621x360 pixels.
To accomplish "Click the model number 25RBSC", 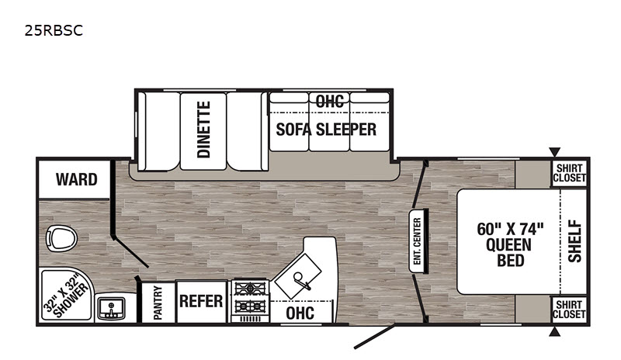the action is pos(54,30).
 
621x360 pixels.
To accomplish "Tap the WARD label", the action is pos(76,179).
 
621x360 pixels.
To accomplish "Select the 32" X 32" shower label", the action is pos(66,298).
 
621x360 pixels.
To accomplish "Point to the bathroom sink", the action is pos(112,308).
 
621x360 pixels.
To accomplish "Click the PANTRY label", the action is pos(158,303).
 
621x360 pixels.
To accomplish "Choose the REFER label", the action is pos(201,301).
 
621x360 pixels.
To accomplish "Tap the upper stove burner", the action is pos(250,287).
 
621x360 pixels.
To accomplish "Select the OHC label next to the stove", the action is pos(300,313).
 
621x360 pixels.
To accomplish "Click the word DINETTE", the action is pos(203,130).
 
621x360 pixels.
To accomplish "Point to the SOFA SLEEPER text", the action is pos(326,130).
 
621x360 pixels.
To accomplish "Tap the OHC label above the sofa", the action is pos(329,102).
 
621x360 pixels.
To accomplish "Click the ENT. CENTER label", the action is pos(417,241).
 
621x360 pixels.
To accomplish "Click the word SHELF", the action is pos(574,241).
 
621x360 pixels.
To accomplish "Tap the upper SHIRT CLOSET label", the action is pos(569,173).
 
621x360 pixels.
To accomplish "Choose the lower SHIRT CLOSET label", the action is pos(569,310).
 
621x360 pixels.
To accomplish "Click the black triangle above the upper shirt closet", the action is pos(554,152).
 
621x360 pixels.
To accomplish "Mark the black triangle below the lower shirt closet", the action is pos(554,331).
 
